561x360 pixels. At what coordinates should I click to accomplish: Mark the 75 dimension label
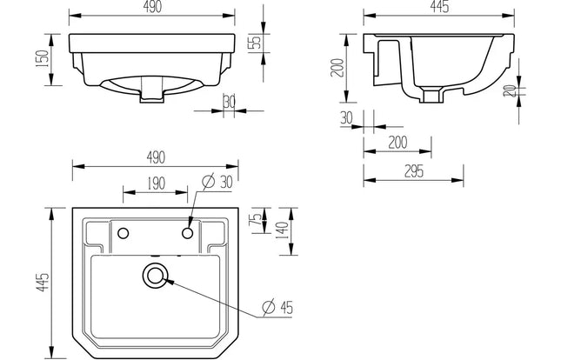(255, 222)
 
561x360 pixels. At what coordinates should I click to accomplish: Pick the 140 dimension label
(283, 233)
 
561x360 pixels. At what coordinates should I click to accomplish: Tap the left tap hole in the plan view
(124, 232)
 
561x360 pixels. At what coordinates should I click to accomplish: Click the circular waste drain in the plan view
(155, 276)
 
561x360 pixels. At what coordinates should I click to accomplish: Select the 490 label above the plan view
(155, 157)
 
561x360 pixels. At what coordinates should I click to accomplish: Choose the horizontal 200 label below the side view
(396, 141)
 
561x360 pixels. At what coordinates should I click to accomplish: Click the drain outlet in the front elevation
(151, 97)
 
